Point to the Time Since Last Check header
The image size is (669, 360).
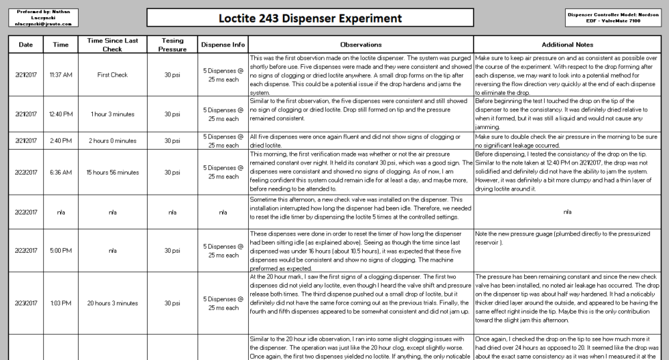109,44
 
